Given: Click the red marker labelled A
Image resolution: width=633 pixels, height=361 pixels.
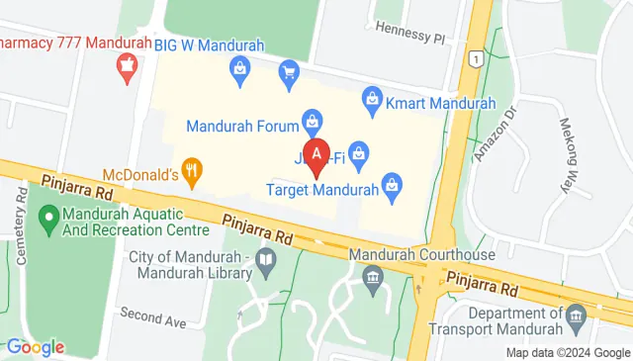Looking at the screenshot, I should click(x=316, y=156).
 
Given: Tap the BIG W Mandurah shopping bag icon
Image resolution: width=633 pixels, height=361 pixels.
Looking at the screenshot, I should click(x=239, y=68).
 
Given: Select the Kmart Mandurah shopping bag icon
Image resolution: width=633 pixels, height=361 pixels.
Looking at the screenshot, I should click(x=372, y=97).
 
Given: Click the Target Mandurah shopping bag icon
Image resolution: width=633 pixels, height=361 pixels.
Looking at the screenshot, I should click(x=393, y=185).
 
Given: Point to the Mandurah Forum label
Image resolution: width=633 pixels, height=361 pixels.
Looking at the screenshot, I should click(x=242, y=126).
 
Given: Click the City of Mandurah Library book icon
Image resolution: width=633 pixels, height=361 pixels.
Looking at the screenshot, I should click(x=265, y=262).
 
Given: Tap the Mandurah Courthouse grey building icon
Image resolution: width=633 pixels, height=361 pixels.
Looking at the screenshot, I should click(x=372, y=276).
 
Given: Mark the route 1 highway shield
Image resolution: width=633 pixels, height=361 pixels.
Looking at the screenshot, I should click(x=478, y=59).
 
